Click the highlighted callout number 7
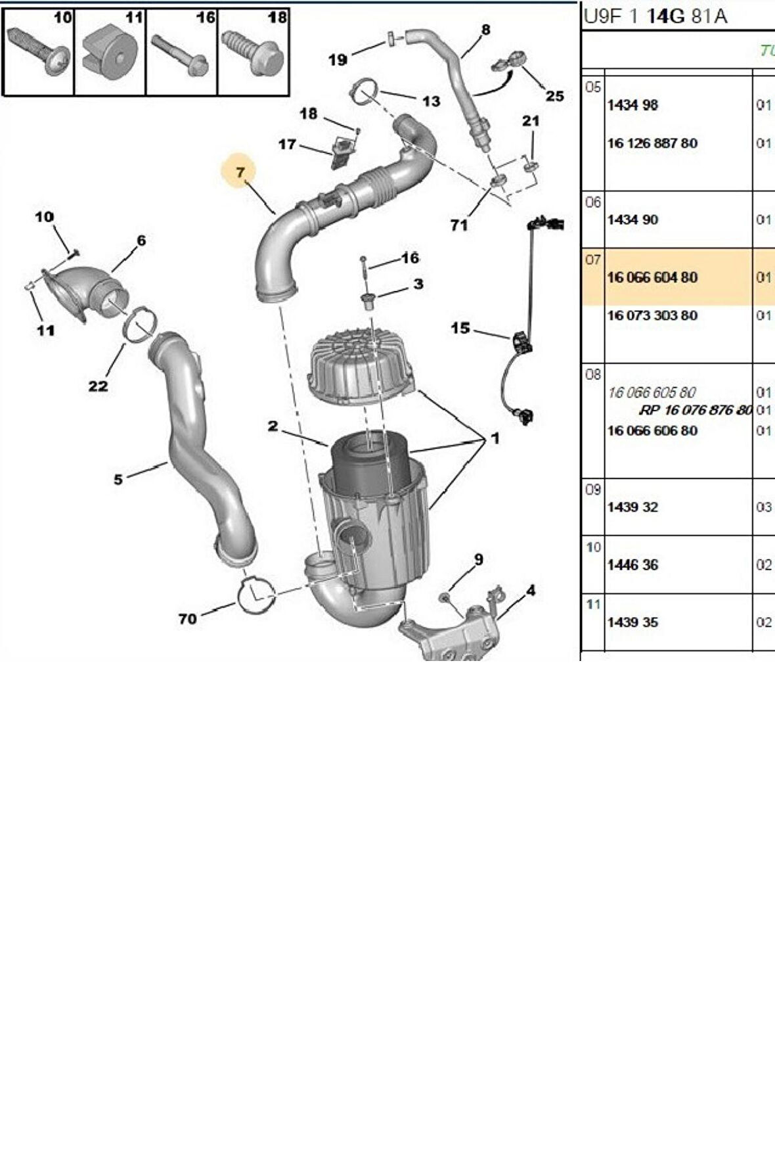pos(240,172)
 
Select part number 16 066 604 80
pos(652,277)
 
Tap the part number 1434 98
pos(632,105)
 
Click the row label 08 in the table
pos(593,375)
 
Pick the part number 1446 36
pos(632,565)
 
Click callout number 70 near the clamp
pos(187,618)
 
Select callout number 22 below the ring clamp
pos(98,386)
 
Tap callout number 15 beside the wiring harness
pos(460,327)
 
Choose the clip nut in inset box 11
pos(109,51)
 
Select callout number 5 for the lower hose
pos(118,480)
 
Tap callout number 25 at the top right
pos(555,96)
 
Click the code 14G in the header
pos(666,16)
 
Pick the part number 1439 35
pos(632,622)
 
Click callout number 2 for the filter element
pos(273,426)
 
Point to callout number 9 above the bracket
pos(479,559)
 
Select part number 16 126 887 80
pos(652,143)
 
